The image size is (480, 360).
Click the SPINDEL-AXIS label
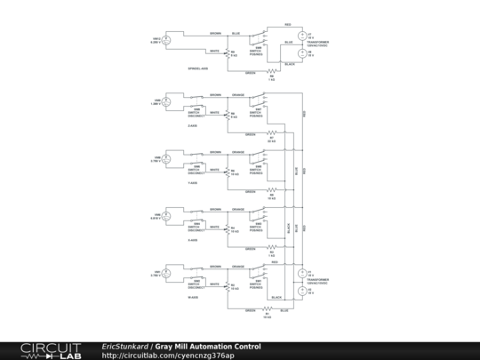coord(198,69)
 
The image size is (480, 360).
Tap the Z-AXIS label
coord(193,126)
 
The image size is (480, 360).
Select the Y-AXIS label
coord(193,183)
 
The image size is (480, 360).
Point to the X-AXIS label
coord(193,240)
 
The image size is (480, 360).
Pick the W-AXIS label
coord(193,297)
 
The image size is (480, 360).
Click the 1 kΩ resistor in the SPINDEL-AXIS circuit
coord(271,75)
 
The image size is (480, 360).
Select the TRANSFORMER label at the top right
coord(317,43)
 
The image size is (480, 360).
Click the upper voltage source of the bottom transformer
coord(303,274)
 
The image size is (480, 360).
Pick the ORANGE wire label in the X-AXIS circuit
coord(238,210)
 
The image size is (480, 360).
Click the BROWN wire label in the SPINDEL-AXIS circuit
coord(215,33)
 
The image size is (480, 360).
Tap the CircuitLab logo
coord(44,350)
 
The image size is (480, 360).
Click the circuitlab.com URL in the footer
coord(168,356)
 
